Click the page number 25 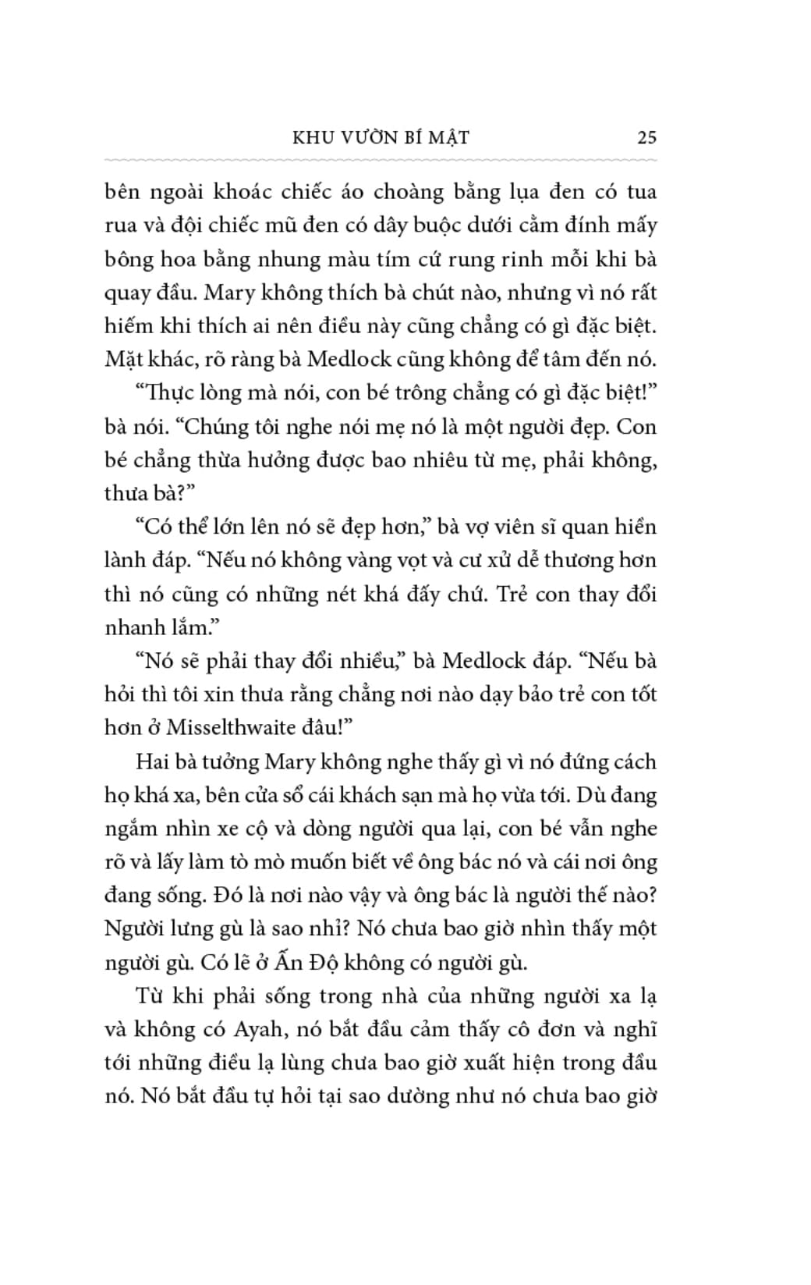coord(646,137)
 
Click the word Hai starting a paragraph coord(153,761)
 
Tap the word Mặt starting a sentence coord(124,360)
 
